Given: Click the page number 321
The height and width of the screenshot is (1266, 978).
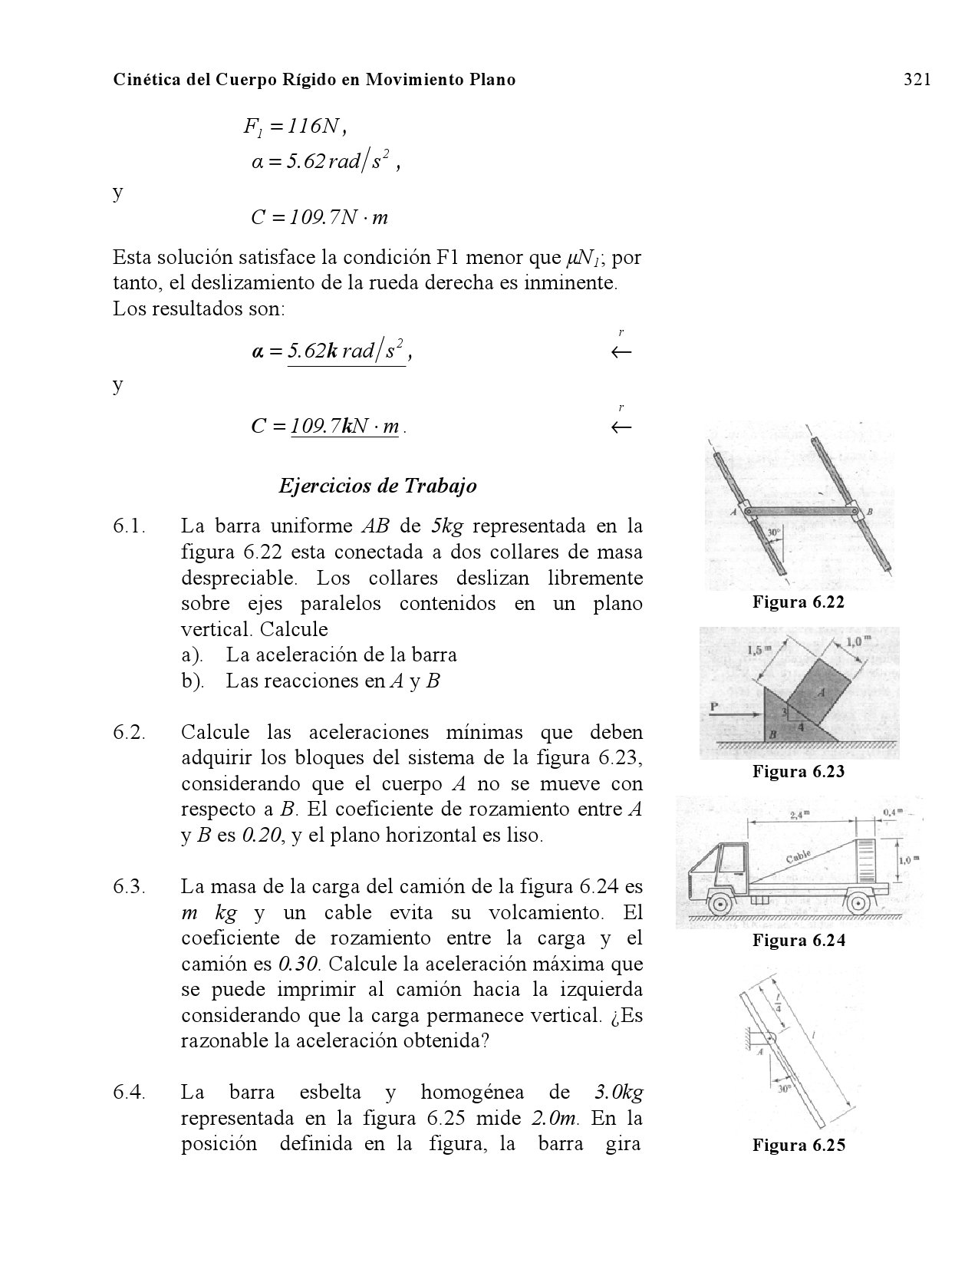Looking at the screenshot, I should (x=917, y=80).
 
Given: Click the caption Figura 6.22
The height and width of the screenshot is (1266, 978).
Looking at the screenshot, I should (x=798, y=602).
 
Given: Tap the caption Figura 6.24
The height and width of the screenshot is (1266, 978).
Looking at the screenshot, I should (x=799, y=941).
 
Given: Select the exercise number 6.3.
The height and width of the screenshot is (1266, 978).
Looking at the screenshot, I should (x=130, y=887).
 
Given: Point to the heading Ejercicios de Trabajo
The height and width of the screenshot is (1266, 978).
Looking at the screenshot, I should (x=377, y=486).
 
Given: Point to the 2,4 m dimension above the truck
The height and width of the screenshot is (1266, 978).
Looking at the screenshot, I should (x=800, y=815).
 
